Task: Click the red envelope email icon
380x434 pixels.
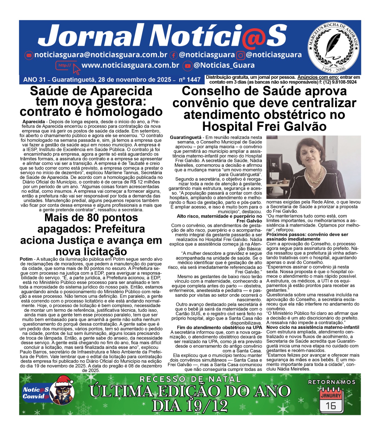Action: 28,55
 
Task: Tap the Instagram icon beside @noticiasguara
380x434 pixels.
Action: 240,56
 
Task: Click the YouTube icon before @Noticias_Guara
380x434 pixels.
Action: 187,66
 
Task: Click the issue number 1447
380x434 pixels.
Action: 194,80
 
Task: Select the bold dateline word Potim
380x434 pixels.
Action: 26,259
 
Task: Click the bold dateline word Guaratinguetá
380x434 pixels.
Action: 186,138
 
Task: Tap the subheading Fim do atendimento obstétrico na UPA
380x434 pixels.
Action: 219,327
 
